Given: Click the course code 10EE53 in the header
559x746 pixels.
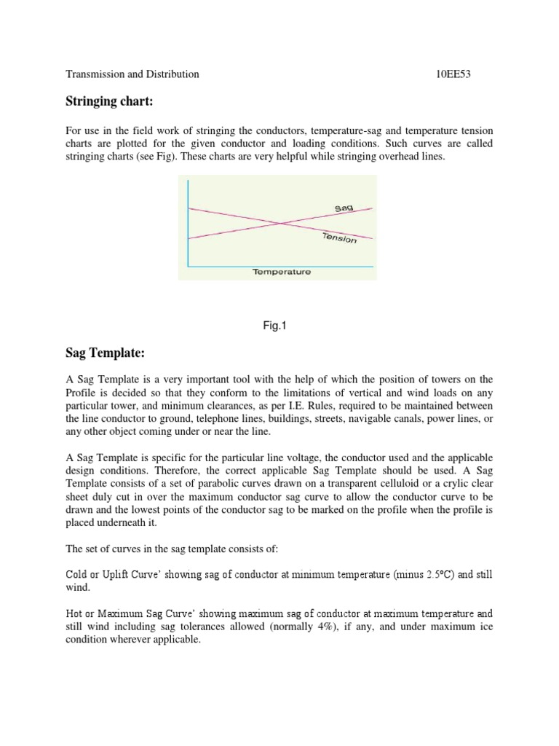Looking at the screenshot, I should tap(454, 74).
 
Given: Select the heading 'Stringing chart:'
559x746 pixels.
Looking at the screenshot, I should tap(107, 101).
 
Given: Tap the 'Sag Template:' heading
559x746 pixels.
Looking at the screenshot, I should tap(106, 353).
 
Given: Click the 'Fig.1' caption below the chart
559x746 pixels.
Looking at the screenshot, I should tap(275, 326).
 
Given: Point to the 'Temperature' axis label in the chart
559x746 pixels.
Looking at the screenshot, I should tap(282, 272).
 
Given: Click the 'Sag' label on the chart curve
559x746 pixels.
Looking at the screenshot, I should tap(344, 209).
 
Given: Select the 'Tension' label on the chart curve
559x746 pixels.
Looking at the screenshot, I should tap(338, 238).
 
